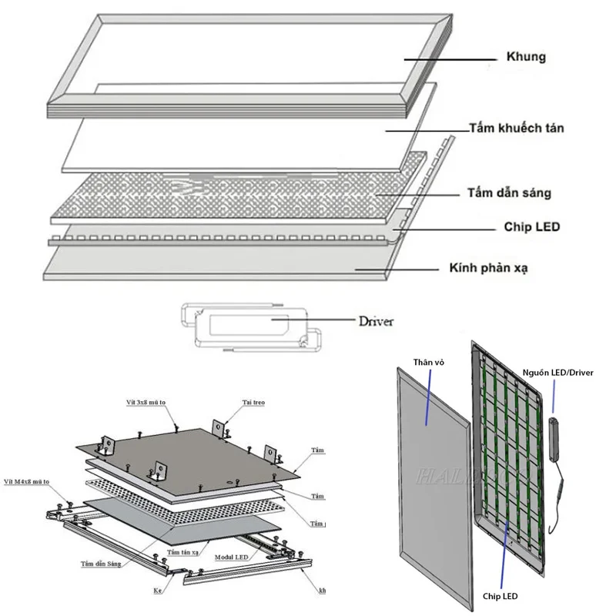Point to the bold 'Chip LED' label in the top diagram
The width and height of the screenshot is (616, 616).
[x=531, y=227]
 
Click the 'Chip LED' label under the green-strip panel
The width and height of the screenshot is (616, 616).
[x=499, y=595]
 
